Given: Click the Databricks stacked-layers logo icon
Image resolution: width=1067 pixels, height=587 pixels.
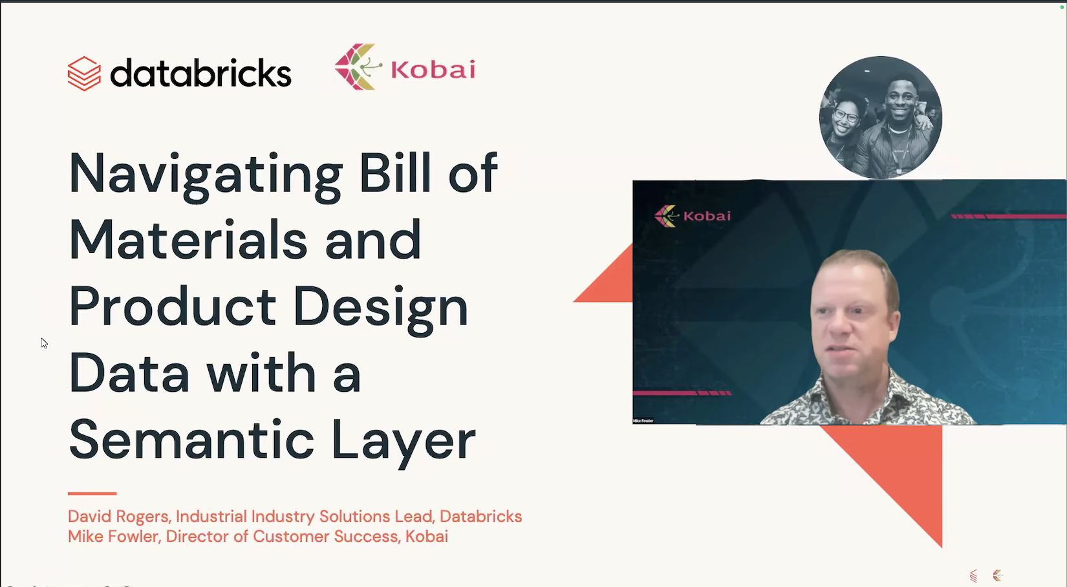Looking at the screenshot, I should coord(84,74).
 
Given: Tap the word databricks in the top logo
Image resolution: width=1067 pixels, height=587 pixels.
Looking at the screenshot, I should coord(200,73).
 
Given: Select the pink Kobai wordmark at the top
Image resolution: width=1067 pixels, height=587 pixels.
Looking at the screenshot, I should coord(433,69).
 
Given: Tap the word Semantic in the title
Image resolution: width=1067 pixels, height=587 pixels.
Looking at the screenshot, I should coord(191,440).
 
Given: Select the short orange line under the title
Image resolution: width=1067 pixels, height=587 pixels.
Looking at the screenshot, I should coord(92,493).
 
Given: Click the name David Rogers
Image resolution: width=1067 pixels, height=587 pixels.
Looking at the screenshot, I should coord(118,517).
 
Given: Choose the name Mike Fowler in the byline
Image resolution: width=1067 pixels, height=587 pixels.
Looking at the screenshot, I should coord(113,537).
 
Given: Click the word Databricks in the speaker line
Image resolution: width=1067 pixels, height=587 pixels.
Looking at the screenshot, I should coord(480,517).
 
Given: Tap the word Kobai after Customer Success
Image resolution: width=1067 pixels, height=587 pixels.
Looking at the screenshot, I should coord(426,537).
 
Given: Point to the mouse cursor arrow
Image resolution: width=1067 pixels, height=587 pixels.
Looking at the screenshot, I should coord(43,343).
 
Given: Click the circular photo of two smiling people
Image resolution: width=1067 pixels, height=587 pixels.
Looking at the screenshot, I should coord(880,118).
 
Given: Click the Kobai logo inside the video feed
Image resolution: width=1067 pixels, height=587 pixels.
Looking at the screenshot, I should coord(693,216).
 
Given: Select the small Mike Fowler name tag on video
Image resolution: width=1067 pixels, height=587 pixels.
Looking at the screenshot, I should coord(643,421).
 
